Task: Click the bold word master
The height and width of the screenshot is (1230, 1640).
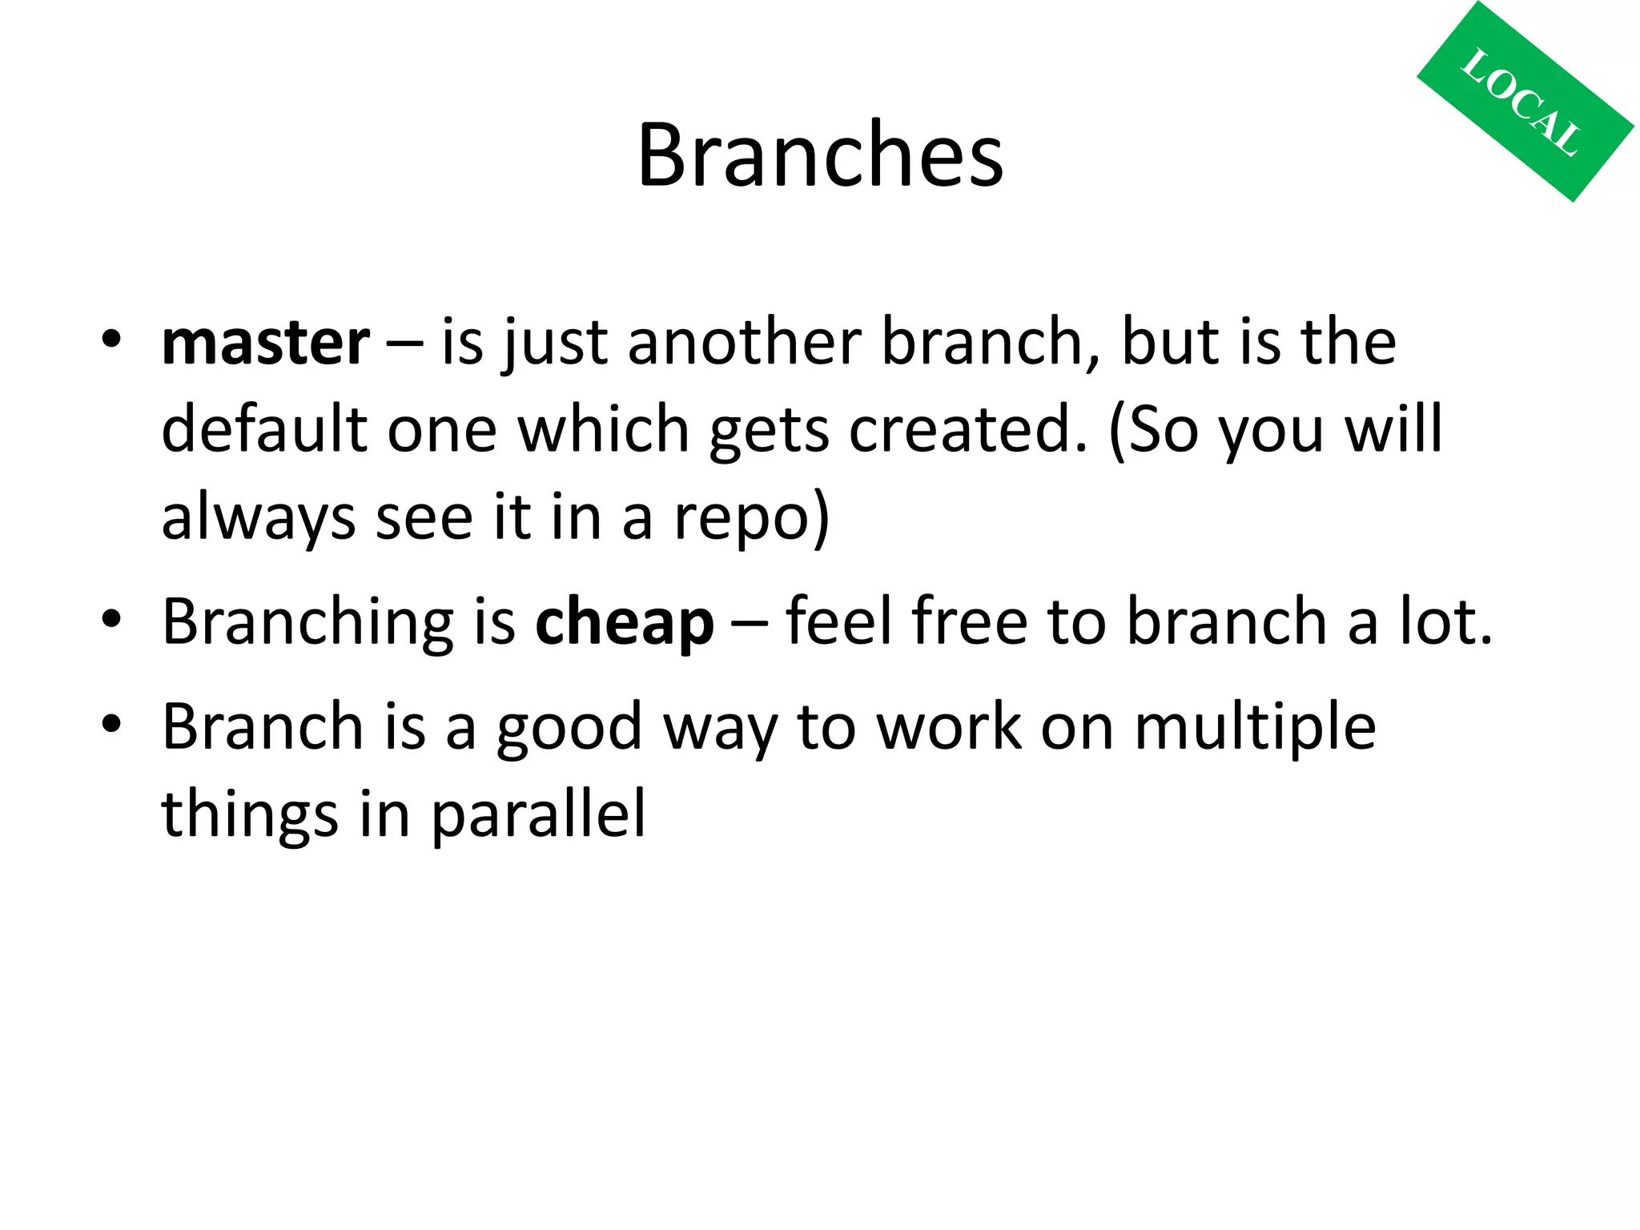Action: point(265,343)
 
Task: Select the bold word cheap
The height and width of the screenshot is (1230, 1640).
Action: point(624,622)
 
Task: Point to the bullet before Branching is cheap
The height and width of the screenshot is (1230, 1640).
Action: point(111,618)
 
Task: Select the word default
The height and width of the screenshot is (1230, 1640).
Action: point(263,430)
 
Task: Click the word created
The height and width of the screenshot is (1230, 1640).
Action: point(967,430)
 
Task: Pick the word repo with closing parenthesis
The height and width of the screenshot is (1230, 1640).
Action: point(751,518)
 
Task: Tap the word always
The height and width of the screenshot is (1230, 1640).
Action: point(258,518)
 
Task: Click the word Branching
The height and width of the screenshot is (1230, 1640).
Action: point(307,622)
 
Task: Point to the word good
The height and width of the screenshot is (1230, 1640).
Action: point(569,727)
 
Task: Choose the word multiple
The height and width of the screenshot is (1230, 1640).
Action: point(1255,727)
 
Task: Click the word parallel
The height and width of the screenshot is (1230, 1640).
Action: point(538,814)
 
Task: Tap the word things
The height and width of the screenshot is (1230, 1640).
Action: point(250,814)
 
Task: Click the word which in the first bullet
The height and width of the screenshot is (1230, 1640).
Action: point(603,430)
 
